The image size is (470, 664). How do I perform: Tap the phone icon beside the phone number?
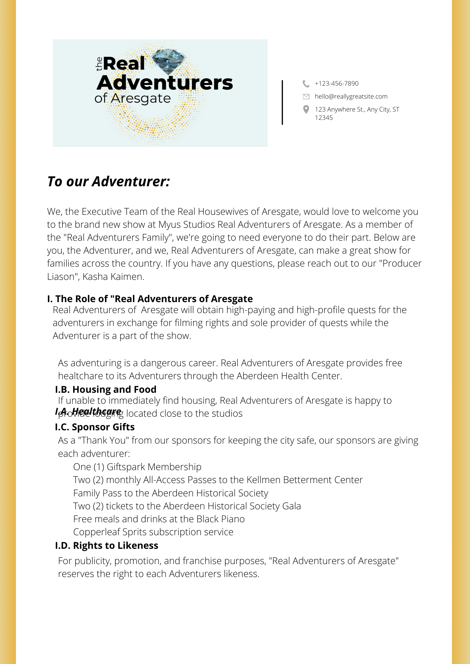pyautogui.click(x=306, y=83)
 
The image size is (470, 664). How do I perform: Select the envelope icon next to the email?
pyautogui.click(x=306, y=97)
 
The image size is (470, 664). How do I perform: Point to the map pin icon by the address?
pyautogui.click(x=306, y=110)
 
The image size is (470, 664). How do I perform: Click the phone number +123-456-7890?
pyautogui.click(x=337, y=83)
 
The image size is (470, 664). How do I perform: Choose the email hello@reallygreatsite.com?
pyautogui.click(x=351, y=97)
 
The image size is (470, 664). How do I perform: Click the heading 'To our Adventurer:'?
pyautogui.click(x=109, y=182)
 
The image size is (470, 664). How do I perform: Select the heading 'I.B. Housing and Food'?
pyautogui.click(x=106, y=389)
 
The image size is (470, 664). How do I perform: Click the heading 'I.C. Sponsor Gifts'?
pyautogui.click(x=95, y=427)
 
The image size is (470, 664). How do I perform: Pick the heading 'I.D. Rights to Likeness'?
pyautogui.click(x=106, y=545)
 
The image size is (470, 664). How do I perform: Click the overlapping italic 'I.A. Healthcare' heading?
pyautogui.click(x=88, y=411)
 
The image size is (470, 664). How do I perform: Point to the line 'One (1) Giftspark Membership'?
pyautogui.click(x=137, y=467)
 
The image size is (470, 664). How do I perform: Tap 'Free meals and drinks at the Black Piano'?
pyautogui.click(x=159, y=519)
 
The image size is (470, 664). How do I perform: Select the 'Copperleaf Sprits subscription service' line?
pyautogui.click(x=153, y=532)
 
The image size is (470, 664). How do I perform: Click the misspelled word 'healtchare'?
pyautogui.click(x=81, y=376)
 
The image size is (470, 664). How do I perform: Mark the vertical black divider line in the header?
pyautogui.click(x=282, y=102)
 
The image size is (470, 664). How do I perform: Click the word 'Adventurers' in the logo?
pyautogui.click(x=165, y=83)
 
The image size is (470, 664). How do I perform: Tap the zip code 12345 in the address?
pyautogui.click(x=324, y=118)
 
